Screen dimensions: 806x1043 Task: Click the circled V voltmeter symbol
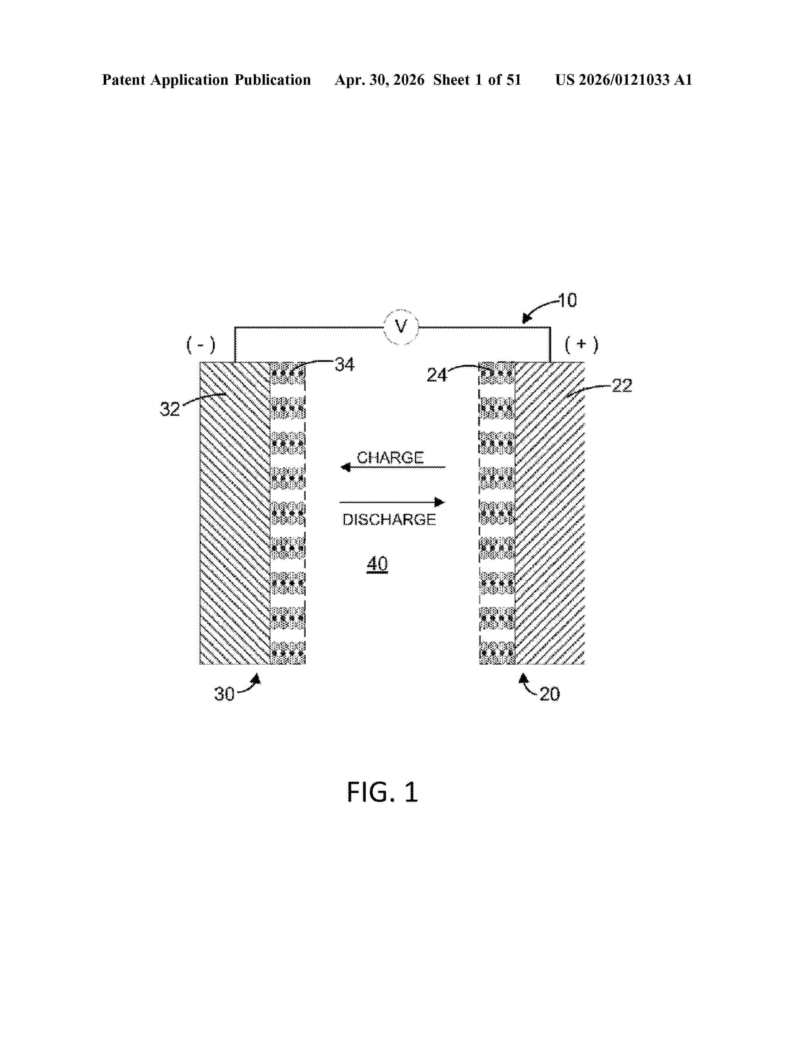tap(401, 327)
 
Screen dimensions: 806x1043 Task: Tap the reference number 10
tap(567, 300)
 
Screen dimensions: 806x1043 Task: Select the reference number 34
tap(345, 364)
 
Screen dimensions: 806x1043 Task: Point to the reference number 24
tap(437, 375)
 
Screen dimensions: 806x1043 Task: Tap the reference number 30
tap(224, 694)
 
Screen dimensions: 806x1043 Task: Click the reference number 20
tap(550, 694)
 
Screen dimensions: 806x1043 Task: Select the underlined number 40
tap(377, 564)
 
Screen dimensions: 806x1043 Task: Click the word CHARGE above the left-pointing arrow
tap(390, 458)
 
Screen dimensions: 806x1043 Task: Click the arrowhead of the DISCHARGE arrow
tap(440, 502)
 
